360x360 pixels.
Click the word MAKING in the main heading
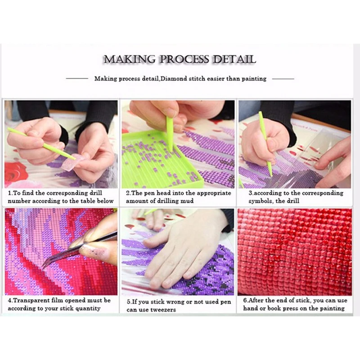[130, 59]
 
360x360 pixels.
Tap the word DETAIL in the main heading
[234, 59]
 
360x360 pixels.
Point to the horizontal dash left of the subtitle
[77, 78]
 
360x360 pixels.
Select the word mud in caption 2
[188, 201]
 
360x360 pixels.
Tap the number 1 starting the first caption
[9, 193]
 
